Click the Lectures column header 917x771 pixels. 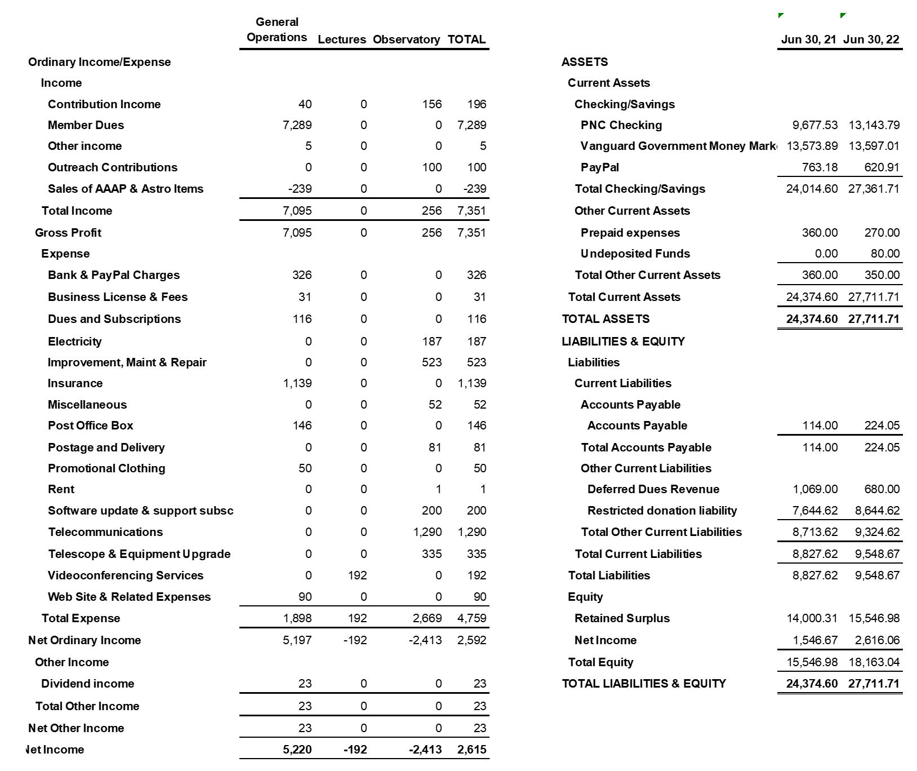pos(342,39)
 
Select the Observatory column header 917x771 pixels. pos(406,39)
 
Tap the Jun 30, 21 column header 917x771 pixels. pos(808,39)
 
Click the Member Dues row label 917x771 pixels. pos(86,125)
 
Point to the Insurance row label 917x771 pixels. pos(75,383)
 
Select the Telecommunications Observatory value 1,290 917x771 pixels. pos(428,532)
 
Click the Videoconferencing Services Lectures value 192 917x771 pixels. pos(357,575)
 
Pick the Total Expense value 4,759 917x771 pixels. pos(471,618)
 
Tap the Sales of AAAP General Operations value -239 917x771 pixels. pos(300,189)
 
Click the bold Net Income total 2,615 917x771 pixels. pos(471,750)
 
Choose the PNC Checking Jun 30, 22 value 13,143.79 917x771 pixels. pos(874,125)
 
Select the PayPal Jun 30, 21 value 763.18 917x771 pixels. pos(820,167)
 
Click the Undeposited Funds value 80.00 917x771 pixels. pos(885,254)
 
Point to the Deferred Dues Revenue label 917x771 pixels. pos(653,489)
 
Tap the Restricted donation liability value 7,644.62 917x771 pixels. pos(814,511)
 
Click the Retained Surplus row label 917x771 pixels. pos(622,618)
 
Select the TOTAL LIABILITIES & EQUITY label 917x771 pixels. pos(644,684)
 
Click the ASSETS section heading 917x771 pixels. pos(585,62)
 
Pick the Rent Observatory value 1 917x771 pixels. pos(438,489)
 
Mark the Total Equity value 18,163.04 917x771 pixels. pos(874,662)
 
